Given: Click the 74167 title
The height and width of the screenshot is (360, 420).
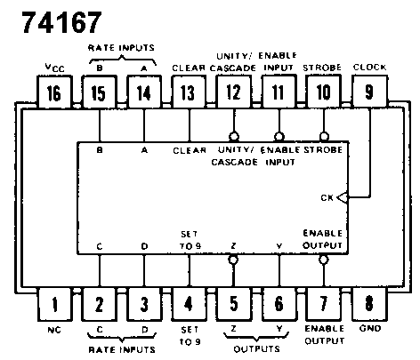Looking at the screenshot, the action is click(62, 22).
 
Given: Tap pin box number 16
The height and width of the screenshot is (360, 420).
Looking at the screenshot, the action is click(54, 92).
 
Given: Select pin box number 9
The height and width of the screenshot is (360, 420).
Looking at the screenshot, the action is click(369, 92).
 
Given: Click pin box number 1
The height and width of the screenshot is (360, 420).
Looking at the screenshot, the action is click(55, 304).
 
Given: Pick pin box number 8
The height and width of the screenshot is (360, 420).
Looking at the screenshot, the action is click(369, 303).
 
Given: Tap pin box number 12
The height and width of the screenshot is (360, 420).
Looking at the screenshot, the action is click(234, 92).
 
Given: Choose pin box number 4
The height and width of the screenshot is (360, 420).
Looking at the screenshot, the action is click(189, 304).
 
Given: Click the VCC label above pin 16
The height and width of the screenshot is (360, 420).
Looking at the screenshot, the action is click(54, 68).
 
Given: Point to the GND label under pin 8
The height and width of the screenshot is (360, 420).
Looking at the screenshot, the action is click(370, 328).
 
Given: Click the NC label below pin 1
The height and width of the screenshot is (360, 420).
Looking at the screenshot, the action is click(54, 330).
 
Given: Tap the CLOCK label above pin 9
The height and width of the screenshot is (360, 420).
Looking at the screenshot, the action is click(369, 68).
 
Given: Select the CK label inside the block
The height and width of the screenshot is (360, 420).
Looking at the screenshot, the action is click(327, 197).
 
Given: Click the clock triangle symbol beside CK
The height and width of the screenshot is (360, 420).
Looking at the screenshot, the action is click(343, 197).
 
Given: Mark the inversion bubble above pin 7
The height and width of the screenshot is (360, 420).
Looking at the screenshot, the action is click(324, 260).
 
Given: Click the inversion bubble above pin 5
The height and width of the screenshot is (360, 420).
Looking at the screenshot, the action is click(233, 260).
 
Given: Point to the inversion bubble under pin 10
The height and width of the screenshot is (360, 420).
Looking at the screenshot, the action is click(324, 137).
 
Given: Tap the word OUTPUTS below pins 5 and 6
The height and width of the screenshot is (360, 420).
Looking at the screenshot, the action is click(257, 349).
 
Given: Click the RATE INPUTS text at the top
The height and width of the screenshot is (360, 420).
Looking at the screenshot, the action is click(121, 48).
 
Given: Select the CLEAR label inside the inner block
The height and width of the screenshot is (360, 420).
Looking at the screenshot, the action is click(190, 150).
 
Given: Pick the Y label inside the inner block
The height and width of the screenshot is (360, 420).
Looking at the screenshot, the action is click(279, 246).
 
